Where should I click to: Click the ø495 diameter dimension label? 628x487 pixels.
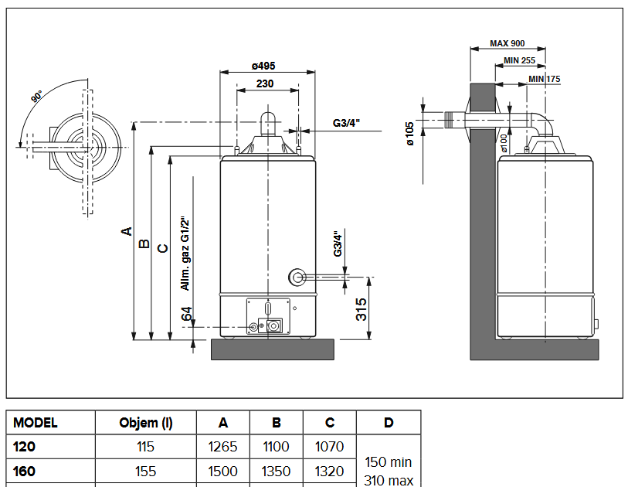coord(263,66)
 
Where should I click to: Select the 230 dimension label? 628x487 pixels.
coord(265,83)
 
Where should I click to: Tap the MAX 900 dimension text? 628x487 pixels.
coord(507,43)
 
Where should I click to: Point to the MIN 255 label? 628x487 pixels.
coord(519,60)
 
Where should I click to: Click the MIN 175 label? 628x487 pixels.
coord(544,79)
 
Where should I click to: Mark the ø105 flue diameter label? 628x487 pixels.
coord(409,134)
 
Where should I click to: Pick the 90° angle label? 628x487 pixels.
coord(36,97)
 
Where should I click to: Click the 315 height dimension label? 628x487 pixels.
coord(362,309)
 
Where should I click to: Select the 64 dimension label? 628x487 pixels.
coord(187,313)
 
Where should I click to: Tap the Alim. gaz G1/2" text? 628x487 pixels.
coord(185,254)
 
